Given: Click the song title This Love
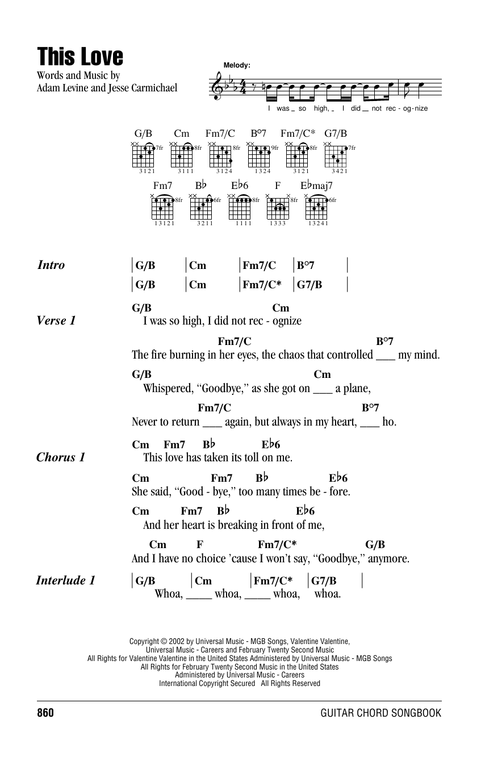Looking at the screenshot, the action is tap(80, 57).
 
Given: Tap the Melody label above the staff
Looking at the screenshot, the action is tap(237, 66).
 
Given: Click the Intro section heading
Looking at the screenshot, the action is tap(51, 265).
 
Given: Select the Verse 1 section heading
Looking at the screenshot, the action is tap(56, 321).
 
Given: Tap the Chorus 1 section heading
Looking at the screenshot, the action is tap(60, 457).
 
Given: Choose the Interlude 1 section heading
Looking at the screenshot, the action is tap(65, 580).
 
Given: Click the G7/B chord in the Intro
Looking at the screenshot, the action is tap(309, 285).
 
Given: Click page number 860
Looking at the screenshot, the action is tap(48, 713).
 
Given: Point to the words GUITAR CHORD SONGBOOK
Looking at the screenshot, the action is tap(380, 713).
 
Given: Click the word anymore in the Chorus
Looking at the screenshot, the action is tap(389, 559).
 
